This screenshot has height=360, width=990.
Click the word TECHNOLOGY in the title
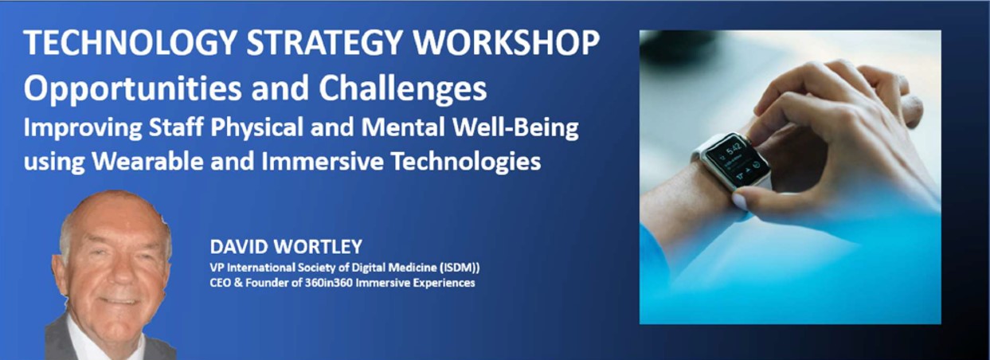(131, 43)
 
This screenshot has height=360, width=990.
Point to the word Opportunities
(132, 88)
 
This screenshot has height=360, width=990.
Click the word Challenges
(403, 88)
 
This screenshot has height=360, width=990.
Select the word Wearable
(147, 161)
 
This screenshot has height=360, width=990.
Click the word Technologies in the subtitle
(466, 162)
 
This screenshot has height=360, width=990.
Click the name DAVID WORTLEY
(286, 247)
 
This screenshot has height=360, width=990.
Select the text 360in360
(329, 283)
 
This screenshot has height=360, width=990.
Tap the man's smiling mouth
(119, 301)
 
